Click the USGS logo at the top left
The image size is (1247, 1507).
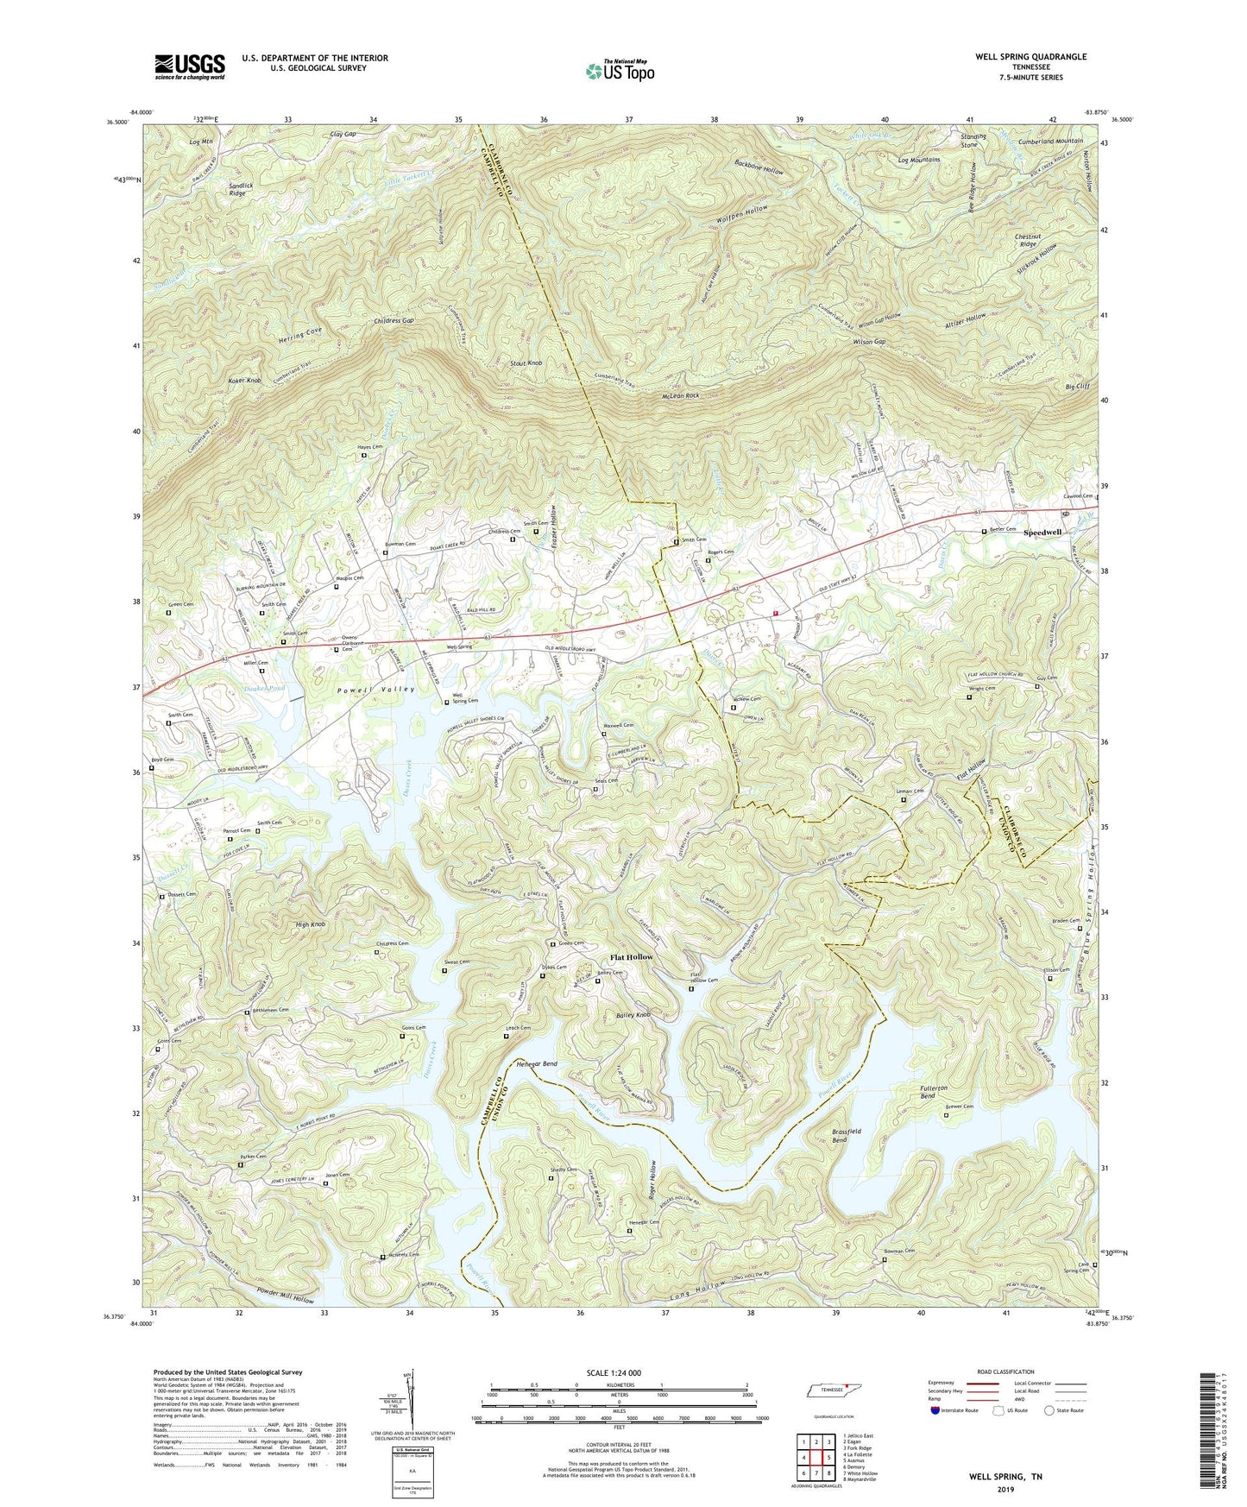[189, 66]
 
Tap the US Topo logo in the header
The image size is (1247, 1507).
[619, 70]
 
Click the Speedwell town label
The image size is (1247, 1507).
[1042, 533]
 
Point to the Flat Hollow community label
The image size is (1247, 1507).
[632, 957]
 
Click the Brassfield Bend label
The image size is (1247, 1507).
[828, 1135]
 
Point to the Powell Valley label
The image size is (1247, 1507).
[379, 689]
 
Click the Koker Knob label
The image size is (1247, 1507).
[242, 381]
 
